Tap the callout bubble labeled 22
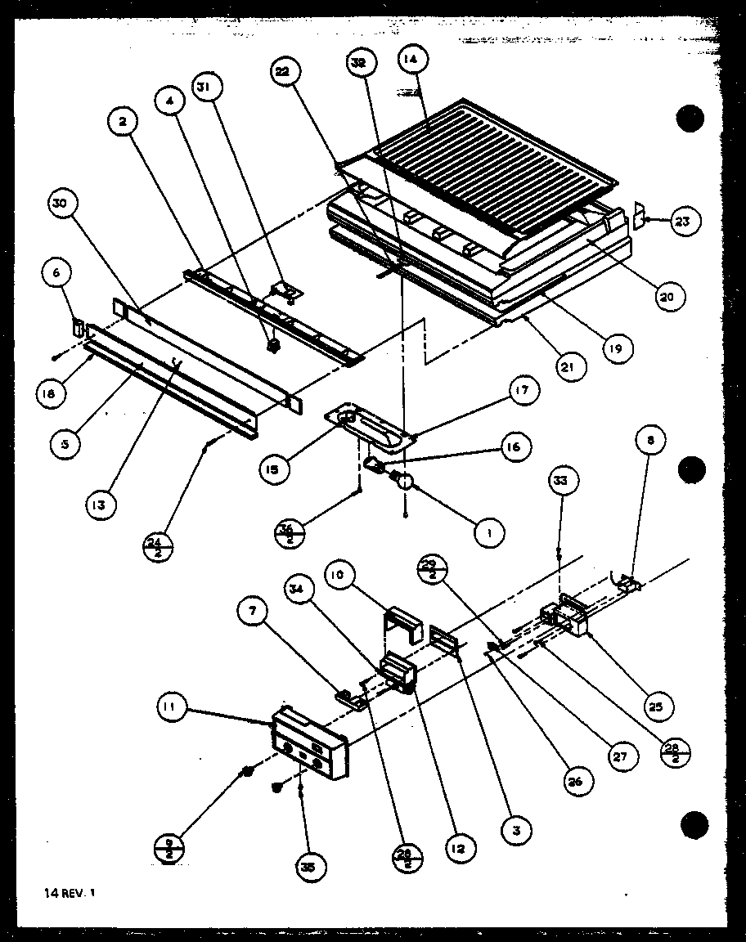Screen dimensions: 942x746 point(281,73)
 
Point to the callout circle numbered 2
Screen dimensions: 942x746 point(123,123)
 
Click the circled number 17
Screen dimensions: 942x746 point(524,392)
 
